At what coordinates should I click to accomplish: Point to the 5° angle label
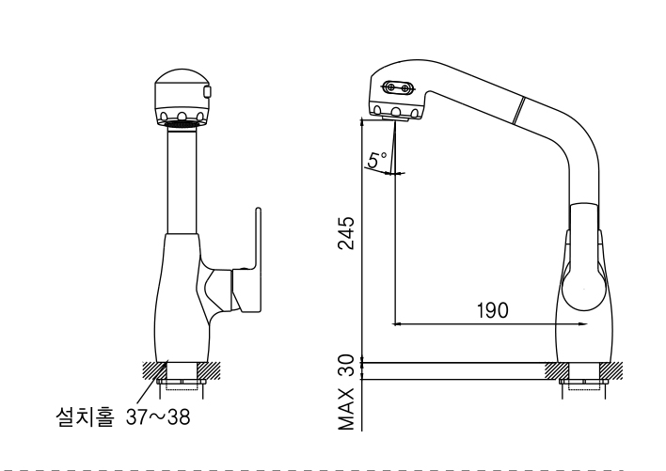[374, 162]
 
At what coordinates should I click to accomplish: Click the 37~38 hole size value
[157, 417]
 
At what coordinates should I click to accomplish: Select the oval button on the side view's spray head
[399, 88]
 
